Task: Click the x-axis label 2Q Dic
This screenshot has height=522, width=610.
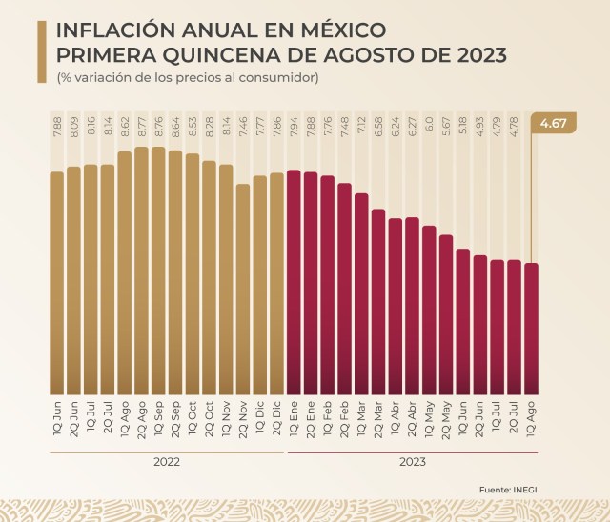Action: (x=277, y=419)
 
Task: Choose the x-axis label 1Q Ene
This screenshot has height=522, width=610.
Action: (x=294, y=419)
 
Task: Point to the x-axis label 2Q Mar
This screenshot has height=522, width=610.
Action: (x=378, y=419)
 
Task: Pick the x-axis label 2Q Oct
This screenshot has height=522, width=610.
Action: (x=209, y=419)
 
